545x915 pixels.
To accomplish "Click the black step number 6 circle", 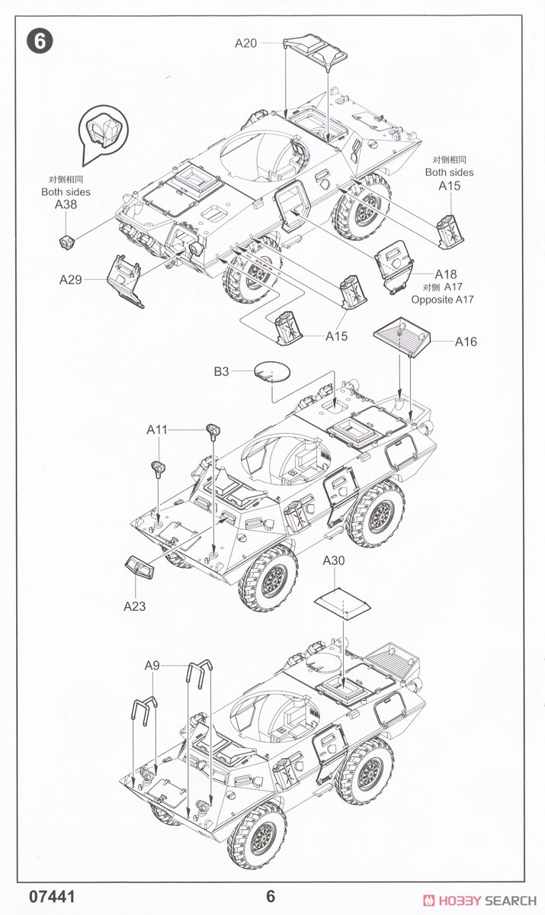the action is point(40,41).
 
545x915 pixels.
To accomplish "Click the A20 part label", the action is point(245,43).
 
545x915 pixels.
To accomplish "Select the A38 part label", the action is point(66,204).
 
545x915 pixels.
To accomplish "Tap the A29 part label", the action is point(71,279).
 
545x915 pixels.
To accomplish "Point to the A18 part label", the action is point(446,274).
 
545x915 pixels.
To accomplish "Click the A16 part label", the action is point(466,342).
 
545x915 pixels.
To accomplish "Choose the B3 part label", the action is point(221,371).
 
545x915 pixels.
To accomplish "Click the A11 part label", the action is point(157,429).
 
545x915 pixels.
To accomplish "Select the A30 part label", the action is point(334,560).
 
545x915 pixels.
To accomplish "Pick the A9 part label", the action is point(152,666).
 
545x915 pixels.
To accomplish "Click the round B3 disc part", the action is point(272,371).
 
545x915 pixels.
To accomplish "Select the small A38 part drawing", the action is point(66,242).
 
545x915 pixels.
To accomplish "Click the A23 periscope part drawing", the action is point(139,567).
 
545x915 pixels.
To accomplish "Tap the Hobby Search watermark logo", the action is point(479,901).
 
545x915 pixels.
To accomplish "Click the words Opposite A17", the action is point(443,300).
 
